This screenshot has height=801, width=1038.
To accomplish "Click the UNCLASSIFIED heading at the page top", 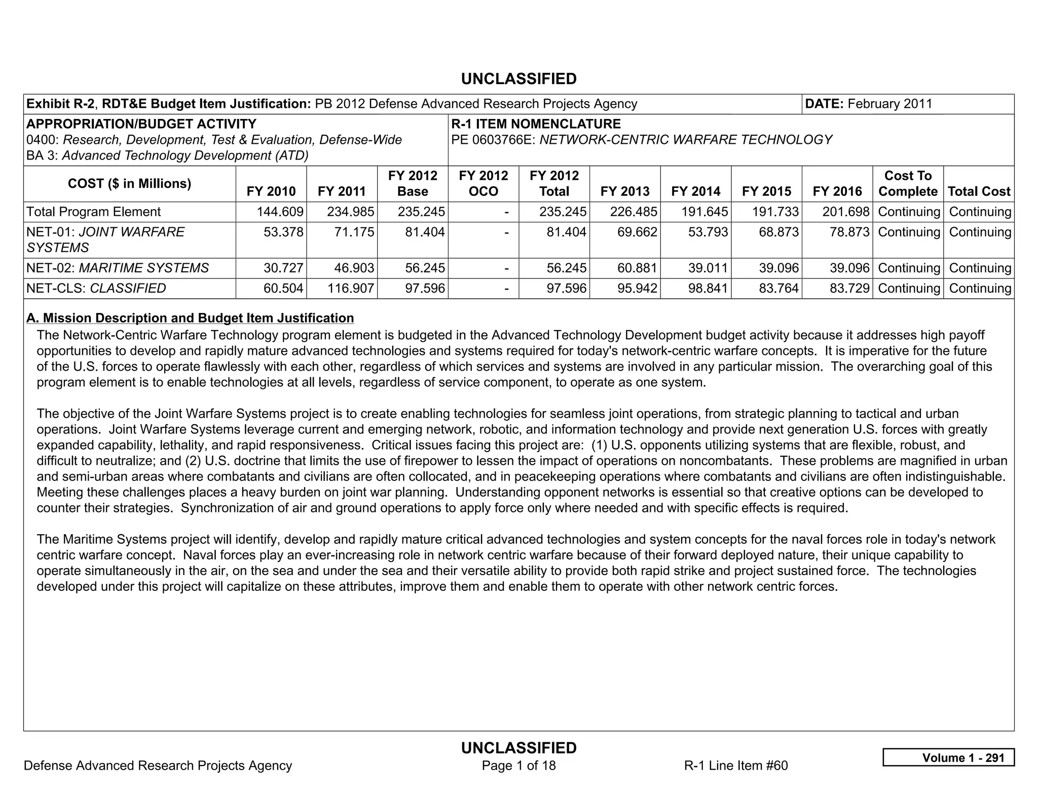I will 518,79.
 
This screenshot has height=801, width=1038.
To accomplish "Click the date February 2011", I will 889,104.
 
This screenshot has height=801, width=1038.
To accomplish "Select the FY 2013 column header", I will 624,191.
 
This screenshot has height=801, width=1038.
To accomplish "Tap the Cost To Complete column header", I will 908,184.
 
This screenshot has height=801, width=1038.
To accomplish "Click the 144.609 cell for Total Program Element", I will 280,212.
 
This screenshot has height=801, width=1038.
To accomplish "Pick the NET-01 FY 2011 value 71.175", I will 351,232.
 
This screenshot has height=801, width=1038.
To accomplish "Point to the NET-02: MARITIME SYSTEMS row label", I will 118,268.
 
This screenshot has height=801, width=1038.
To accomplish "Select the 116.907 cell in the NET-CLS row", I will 351,288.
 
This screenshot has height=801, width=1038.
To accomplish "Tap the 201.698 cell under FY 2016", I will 846,212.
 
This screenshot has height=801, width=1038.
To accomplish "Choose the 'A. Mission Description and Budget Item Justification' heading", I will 190,318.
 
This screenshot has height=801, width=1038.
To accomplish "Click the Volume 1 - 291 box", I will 948,757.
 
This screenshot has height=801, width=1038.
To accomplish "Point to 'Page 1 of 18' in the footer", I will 518,765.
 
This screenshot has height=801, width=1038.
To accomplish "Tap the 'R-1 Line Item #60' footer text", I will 735,765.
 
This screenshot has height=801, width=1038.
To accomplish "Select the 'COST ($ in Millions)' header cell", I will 129,183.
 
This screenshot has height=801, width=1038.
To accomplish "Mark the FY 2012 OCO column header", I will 483,184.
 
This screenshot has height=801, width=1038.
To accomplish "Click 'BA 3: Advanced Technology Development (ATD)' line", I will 167,155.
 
